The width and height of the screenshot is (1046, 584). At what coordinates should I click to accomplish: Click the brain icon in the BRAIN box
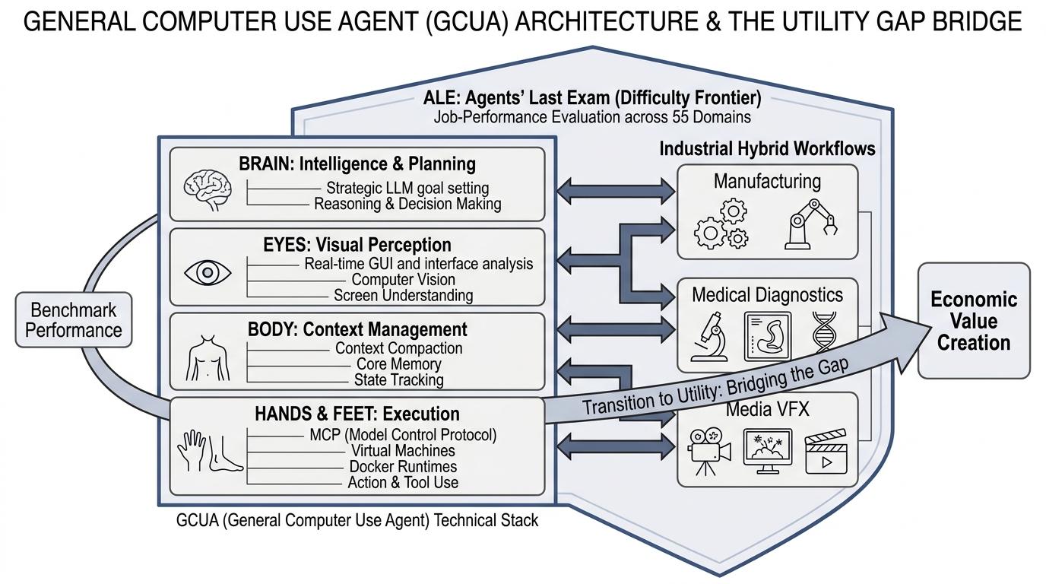208,189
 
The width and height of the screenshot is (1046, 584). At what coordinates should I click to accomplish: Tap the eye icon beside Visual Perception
208,272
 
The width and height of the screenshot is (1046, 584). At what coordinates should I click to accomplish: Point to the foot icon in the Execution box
226,453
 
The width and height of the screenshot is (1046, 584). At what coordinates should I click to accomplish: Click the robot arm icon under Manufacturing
810,225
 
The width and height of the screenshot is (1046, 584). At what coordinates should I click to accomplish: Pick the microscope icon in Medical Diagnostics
710,337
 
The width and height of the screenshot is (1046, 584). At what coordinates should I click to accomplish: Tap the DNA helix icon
824,332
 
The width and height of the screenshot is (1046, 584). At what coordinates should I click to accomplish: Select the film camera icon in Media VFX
708,452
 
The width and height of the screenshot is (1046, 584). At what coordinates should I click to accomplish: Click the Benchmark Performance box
74,320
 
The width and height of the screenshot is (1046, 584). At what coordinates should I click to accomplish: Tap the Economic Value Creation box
974,320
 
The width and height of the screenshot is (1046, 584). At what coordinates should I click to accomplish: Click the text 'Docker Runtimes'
403,466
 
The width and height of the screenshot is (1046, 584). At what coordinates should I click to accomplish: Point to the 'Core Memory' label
399,364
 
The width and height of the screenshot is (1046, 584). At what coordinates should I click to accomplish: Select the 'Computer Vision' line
403,279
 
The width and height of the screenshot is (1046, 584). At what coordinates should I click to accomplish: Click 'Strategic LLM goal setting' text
407,188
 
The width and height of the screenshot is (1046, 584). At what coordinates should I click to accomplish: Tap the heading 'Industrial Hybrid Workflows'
767,148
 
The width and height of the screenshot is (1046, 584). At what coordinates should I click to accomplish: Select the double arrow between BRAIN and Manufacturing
616,191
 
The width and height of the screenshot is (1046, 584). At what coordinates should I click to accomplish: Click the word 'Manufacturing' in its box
767,181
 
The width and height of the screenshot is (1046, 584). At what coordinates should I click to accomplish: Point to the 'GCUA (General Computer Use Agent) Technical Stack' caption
357,520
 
